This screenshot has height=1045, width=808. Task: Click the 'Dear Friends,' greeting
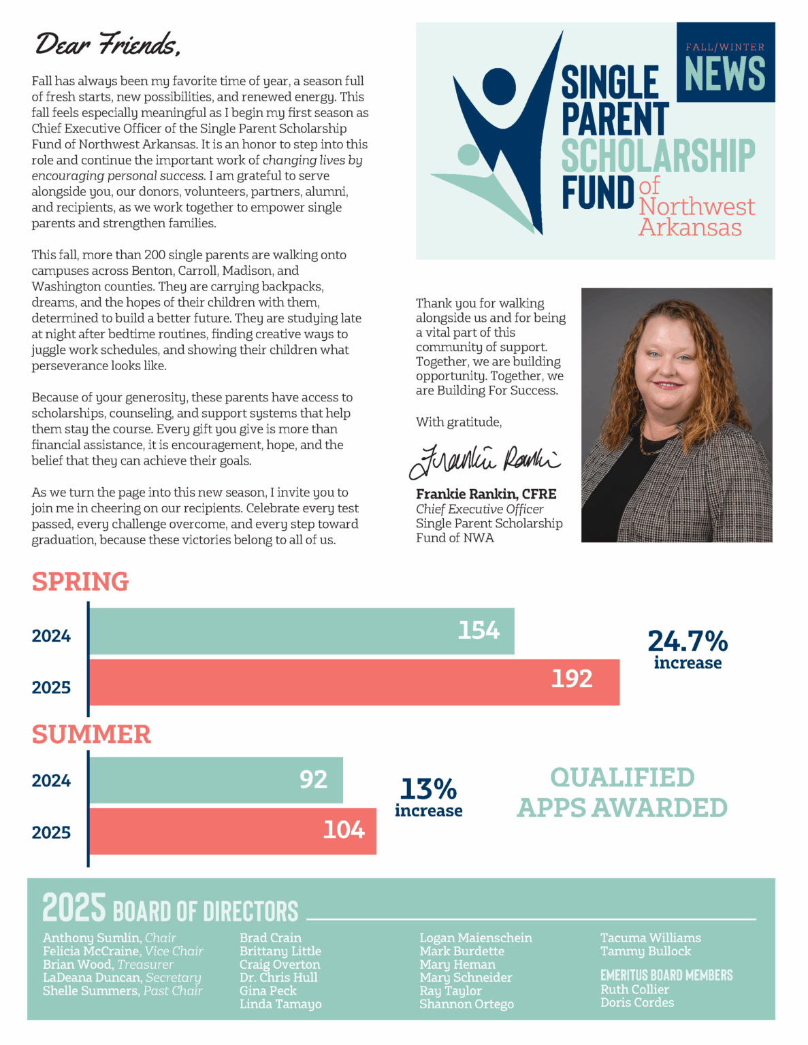click(108, 44)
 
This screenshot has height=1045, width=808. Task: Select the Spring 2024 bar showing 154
click(302, 631)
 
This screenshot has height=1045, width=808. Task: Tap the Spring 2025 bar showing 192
click(354, 682)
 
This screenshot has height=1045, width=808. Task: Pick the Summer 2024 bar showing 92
click(216, 780)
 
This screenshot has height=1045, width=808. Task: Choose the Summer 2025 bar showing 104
click(232, 831)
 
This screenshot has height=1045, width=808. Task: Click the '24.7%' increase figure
click(688, 642)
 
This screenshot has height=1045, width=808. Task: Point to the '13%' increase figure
click(428, 789)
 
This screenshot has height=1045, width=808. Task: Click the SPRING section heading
click(80, 582)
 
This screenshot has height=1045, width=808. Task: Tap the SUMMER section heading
click(91, 734)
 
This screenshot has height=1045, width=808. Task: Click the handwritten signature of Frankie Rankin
click(484, 461)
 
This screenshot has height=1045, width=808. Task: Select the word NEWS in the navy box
click(725, 73)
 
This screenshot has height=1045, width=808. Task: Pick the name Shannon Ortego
click(466, 1003)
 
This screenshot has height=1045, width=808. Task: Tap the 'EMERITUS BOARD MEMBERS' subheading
click(666, 975)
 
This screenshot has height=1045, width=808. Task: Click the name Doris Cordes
click(637, 1002)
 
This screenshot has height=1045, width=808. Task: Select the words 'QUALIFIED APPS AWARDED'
click(622, 792)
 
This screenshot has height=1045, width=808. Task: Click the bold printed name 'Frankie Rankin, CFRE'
click(486, 494)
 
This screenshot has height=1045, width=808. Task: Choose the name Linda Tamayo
click(280, 1003)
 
